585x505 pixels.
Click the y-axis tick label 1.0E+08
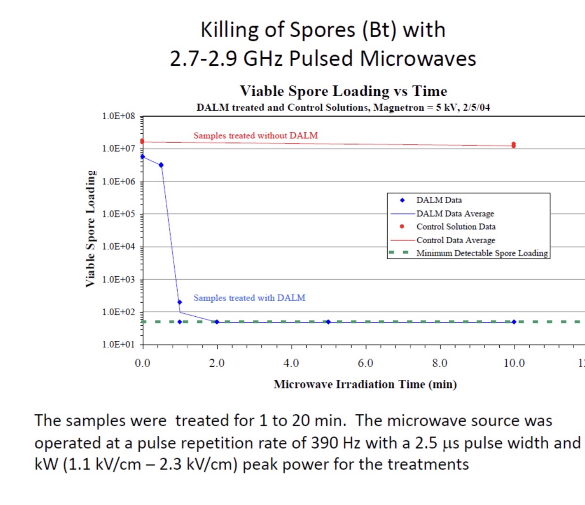click(118, 116)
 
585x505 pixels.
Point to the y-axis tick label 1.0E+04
click(118, 247)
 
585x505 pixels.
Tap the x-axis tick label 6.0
click(366, 363)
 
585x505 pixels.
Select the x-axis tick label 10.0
click(514, 363)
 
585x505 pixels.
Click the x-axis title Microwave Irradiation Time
click(365, 385)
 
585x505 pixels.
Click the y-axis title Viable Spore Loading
click(90, 229)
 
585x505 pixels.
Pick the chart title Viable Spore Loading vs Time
click(343, 91)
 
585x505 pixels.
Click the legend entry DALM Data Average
click(455, 214)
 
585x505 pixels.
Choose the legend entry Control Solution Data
click(455, 227)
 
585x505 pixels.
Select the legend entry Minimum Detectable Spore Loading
click(482, 253)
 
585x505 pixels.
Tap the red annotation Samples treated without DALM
click(255, 136)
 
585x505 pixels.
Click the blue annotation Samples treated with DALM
click(249, 298)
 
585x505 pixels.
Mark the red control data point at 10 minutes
click(513, 145)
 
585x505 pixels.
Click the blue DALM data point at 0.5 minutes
click(161, 165)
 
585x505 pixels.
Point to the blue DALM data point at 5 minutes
click(328, 322)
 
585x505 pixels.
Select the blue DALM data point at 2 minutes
click(217, 322)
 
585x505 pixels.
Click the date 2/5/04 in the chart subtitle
click(476, 108)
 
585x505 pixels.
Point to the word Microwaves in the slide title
click(418, 59)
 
